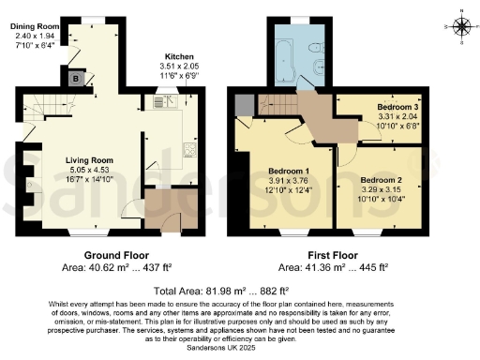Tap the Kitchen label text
178,57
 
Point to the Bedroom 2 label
382,179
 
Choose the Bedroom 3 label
398,108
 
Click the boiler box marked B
74,79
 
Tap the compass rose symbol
459,26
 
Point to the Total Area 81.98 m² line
239,292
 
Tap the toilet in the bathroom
316,47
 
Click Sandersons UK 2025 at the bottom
240,346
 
